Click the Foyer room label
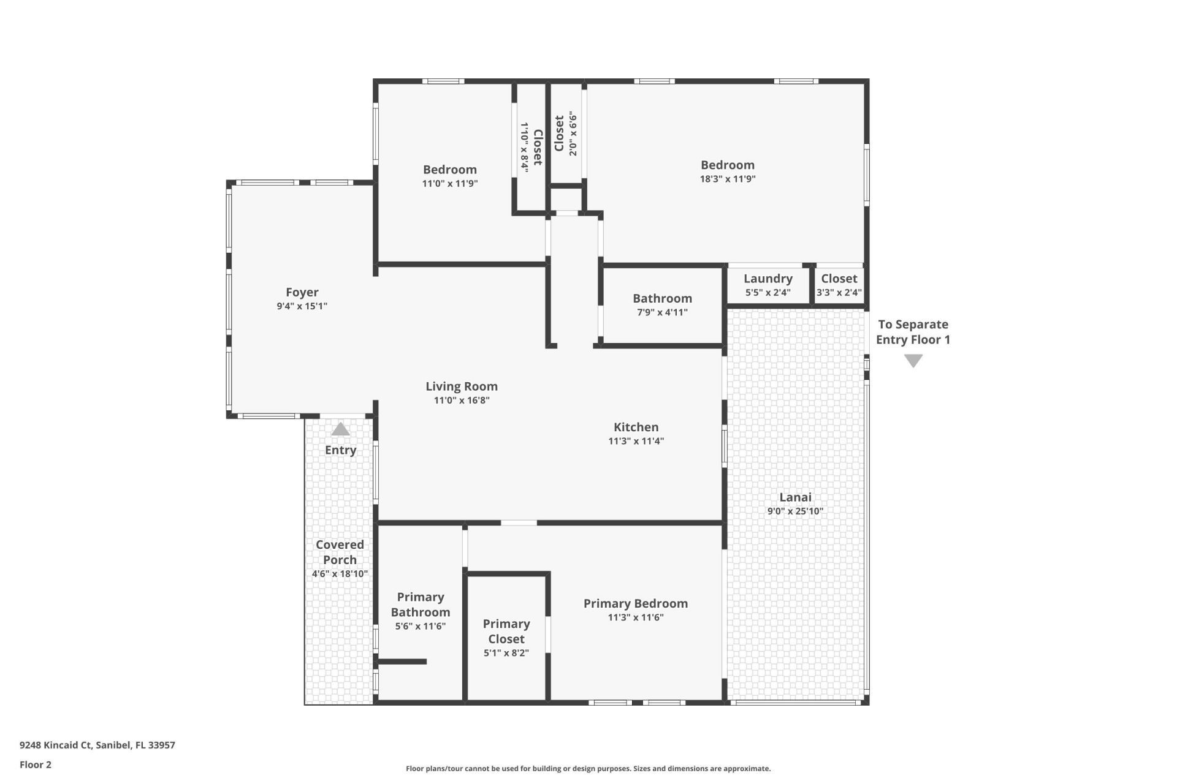tap(302, 292)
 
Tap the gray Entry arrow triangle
tap(340, 429)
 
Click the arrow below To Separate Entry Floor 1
tap(913, 361)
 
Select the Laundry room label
tap(768, 279)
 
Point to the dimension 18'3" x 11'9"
tap(728, 179)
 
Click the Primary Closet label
tap(506, 631)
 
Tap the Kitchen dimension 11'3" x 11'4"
tap(636, 441)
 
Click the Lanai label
tap(795, 497)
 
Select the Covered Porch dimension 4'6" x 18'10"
tap(340, 574)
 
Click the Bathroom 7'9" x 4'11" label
tap(662, 298)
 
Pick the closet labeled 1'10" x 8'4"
tap(531, 147)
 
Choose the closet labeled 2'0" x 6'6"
tap(565, 134)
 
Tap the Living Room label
tap(462, 386)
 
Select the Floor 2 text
tap(36, 764)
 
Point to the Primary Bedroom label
tap(635, 603)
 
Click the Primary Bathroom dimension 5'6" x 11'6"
tap(420, 626)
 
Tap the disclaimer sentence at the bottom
tap(588, 769)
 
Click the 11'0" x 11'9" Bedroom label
tap(449, 170)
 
